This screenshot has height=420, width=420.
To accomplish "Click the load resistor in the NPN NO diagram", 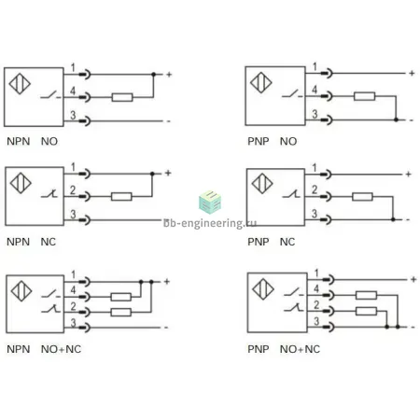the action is pyautogui.click(x=122, y=97).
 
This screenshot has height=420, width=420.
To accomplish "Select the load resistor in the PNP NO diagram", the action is pyautogui.click(x=364, y=96).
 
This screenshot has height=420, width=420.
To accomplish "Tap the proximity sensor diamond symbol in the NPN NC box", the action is pyautogui.click(x=21, y=183).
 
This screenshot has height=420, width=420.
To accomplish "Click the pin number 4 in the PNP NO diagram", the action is pyautogui.click(x=315, y=90).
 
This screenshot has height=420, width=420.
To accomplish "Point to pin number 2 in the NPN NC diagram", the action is pyautogui.click(x=73, y=189).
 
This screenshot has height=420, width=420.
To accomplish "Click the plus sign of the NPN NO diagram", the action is pyautogui.click(x=169, y=75).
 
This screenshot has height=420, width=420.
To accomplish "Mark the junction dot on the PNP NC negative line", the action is pyautogui.click(x=393, y=219).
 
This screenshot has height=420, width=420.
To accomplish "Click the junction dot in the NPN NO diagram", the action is pyautogui.click(x=153, y=75).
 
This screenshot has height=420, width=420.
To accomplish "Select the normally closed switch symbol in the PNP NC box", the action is pyautogui.click(x=291, y=194).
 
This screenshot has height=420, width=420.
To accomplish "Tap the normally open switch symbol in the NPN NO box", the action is pyautogui.click(x=50, y=95).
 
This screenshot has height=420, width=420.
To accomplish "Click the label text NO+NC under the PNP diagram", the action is pyautogui.click(x=300, y=349).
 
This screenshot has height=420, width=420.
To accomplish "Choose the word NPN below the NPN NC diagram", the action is pyautogui.click(x=19, y=242).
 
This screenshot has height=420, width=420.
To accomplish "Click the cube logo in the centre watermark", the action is pyautogui.click(x=210, y=202).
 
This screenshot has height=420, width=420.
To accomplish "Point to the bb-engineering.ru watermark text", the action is pyautogui.click(x=210, y=223).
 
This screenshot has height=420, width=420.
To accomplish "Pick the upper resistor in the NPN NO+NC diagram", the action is pyautogui.click(x=121, y=297).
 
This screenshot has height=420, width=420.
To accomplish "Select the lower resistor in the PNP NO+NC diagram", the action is pyautogui.click(x=366, y=311).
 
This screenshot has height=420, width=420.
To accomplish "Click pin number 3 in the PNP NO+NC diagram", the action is pyautogui.click(x=316, y=321).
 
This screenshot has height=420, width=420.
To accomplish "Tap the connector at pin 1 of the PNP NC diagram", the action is pyautogui.click(x=327, y=175).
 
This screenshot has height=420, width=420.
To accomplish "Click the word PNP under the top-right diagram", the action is pyautogui.click(x=259, y=141).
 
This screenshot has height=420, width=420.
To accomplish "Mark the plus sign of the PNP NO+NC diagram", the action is pyautogui.click(x=413, y=279).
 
